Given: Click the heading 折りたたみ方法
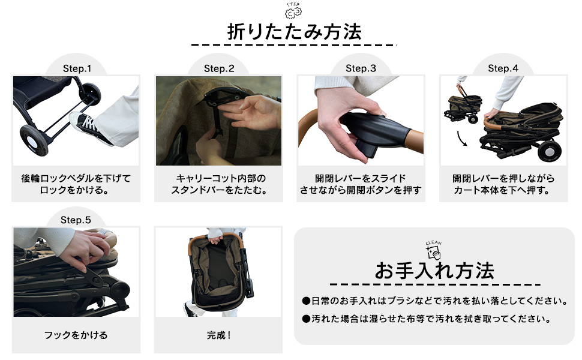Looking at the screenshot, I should tap(294, 32).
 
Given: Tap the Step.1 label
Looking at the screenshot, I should tap(77, 68).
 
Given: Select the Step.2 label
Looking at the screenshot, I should tap(219, 68).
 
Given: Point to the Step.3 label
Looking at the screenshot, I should tap(361, 68).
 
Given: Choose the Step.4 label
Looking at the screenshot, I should tap(503, 68).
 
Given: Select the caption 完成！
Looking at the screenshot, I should tap(218, 335).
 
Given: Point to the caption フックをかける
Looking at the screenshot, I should tap(76, 335).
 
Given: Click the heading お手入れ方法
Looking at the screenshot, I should tap(434, 271).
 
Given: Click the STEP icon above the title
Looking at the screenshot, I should tap(293, 11).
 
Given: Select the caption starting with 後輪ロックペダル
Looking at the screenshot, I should tap(76, 185).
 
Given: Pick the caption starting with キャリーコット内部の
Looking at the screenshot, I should tap(219, 185).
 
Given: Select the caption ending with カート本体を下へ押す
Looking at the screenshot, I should tap(503, 185).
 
